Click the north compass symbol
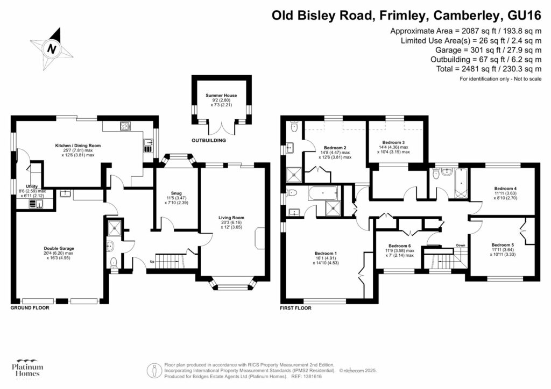pos(52,48)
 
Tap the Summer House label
pos(221,96)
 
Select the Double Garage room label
pos(59,248)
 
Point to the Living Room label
pos(232,218)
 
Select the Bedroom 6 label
pos(398,246)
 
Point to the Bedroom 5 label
pos(502,245)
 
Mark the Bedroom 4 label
pos(505,189)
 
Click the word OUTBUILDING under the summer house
pos(208,141)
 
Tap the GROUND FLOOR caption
pos(30,308)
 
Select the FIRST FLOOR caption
pos(295,308)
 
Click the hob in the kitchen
pos(125,127)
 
